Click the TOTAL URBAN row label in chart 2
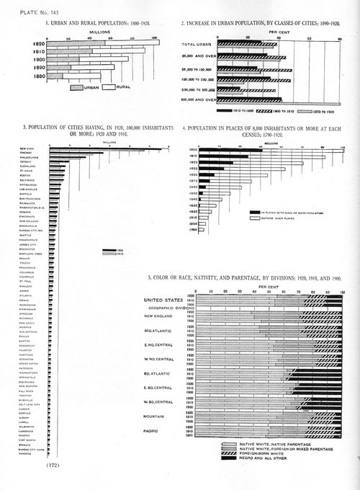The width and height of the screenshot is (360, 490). click(198, 45)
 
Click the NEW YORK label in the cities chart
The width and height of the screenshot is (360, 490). click(36, 148)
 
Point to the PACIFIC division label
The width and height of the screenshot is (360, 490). click(156, 432)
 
